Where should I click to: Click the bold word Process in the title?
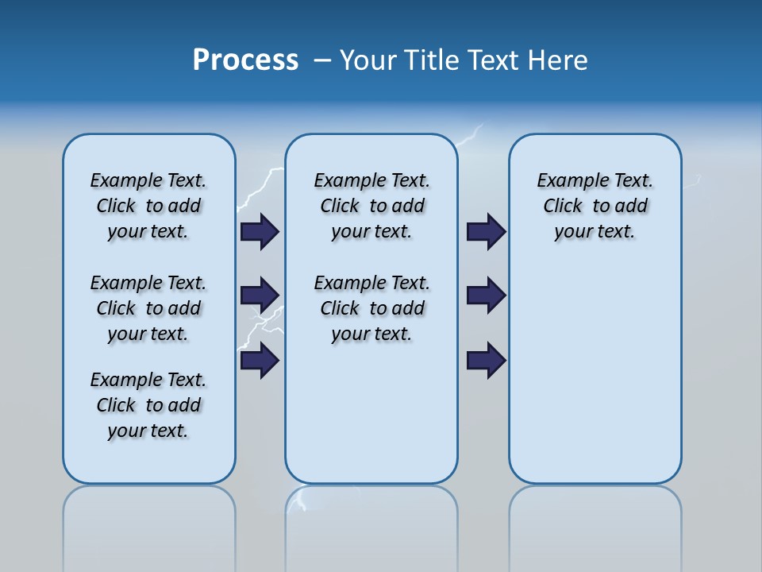pyautogui.click(x=245, y=60)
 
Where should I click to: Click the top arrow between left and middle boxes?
pyautogui.click(x=260, y=232)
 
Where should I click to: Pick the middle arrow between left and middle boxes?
pyautogui.click(x=260, y=296)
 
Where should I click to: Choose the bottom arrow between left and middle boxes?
pyautogui.click(x=260, y=361)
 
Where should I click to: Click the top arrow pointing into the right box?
pyautogui.click(x=486, y=232)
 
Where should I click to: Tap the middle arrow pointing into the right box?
pyautogui.click(x=486, y=296)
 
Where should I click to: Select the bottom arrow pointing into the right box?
pyautogui.click(x=486, y=361)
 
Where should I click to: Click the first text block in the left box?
pyautogui.click(x=148, y=206)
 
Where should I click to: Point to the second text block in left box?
pyautogui.click(x=148, y=308)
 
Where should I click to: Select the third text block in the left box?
pyautogui.click(x=148, y=405)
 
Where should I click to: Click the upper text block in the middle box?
pyautogui.click(x=371, y=206)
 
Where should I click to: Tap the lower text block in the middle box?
pyautogui.click(x=371, y=308)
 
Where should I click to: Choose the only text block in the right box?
pyautogui.click(x=595, y=206)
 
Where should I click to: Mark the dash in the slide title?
pyautogui.click(x=322, y=60)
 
